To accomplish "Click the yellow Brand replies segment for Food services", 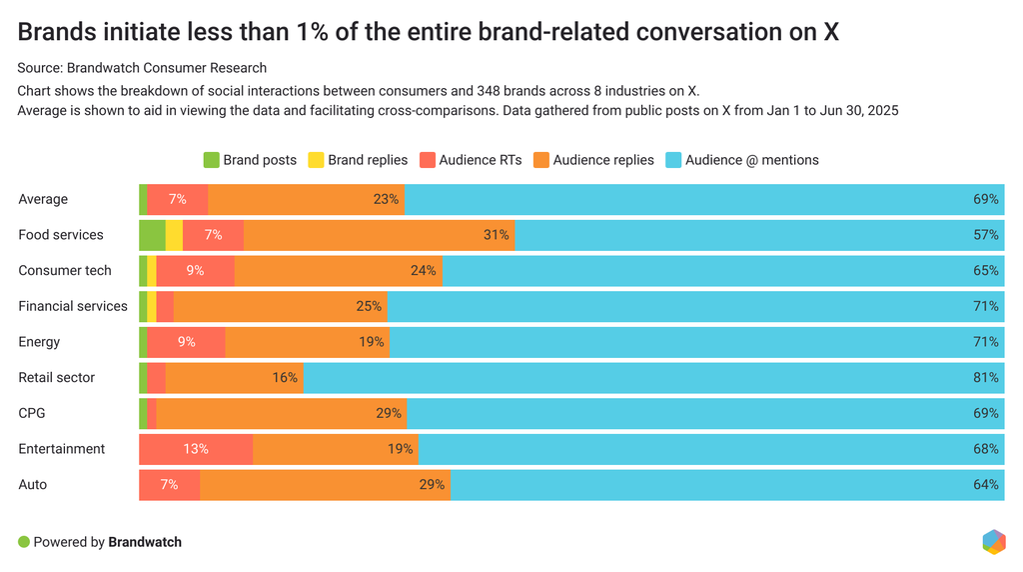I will [174, 235].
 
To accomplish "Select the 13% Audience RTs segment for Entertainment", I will [196, 449].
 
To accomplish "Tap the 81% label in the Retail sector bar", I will [986, 378].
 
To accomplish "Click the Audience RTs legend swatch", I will [428, 160].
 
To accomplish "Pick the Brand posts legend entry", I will [250, 160].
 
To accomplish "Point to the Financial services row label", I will [73, 306].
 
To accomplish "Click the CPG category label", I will [32, 413].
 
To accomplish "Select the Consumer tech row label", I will [65, 270].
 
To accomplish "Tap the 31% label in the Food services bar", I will [497, 235].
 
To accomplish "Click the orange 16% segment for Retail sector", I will [234, 378].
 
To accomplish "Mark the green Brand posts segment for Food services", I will [152, 235].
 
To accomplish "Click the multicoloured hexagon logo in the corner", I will [994, 541].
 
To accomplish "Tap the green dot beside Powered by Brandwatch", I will [24, 542].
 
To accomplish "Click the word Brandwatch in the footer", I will [145, 542].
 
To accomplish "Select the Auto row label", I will [32, 485].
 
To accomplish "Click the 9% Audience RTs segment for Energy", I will [186, 342].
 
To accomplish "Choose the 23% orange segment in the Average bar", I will [306, 199].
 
